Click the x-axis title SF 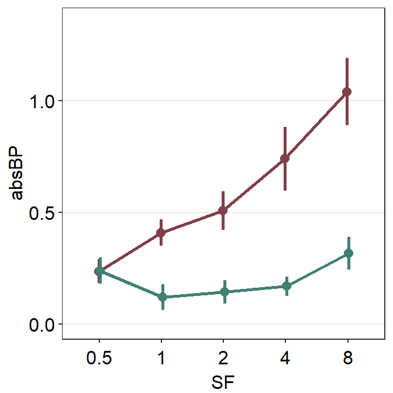point(223,381)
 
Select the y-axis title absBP point(18,173)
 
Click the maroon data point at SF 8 point(347,92)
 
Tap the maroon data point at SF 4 point(285,158)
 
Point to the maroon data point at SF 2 point(223,210)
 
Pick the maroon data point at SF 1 point(161,233)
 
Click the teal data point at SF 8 point(349,253)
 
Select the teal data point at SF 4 point(287,286)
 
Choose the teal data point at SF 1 point(162,297)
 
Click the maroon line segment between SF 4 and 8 point(316,125)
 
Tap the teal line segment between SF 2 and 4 point(255,289)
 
